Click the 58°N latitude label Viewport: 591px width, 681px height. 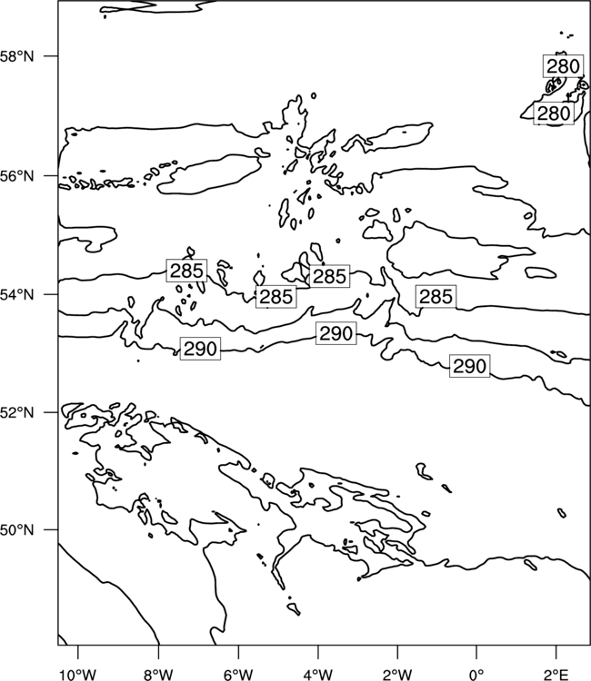tap(16, 56)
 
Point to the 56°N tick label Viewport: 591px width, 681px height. tap(16, 176)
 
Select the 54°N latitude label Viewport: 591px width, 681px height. tap(16, 295)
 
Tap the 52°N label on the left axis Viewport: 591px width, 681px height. tap(16, 412)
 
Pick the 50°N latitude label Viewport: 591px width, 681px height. tap(16, 530)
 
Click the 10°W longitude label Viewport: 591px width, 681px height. tap(78, 675)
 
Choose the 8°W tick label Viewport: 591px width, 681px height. tap(158, 675)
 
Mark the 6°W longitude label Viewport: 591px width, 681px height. tap(238, 675)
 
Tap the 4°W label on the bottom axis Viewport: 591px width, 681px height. tap(318, 675)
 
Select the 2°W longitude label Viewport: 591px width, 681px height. tap(397, 675)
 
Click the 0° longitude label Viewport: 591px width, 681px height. tap(476, 675)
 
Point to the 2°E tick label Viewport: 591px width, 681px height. tap(556, 675)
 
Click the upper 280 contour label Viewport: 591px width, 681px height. tap(563, 66)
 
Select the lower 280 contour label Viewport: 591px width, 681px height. tap(554, 113)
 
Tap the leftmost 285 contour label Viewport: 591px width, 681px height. tap(186, 271)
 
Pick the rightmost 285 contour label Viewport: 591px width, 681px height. tap(436, 297)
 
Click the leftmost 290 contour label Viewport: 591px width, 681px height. tap(200, 349)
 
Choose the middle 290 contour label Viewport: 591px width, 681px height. tap(336, 333)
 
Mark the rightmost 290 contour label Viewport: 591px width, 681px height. tap(470, 366)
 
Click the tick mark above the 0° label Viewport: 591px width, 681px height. tap(476, 651)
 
